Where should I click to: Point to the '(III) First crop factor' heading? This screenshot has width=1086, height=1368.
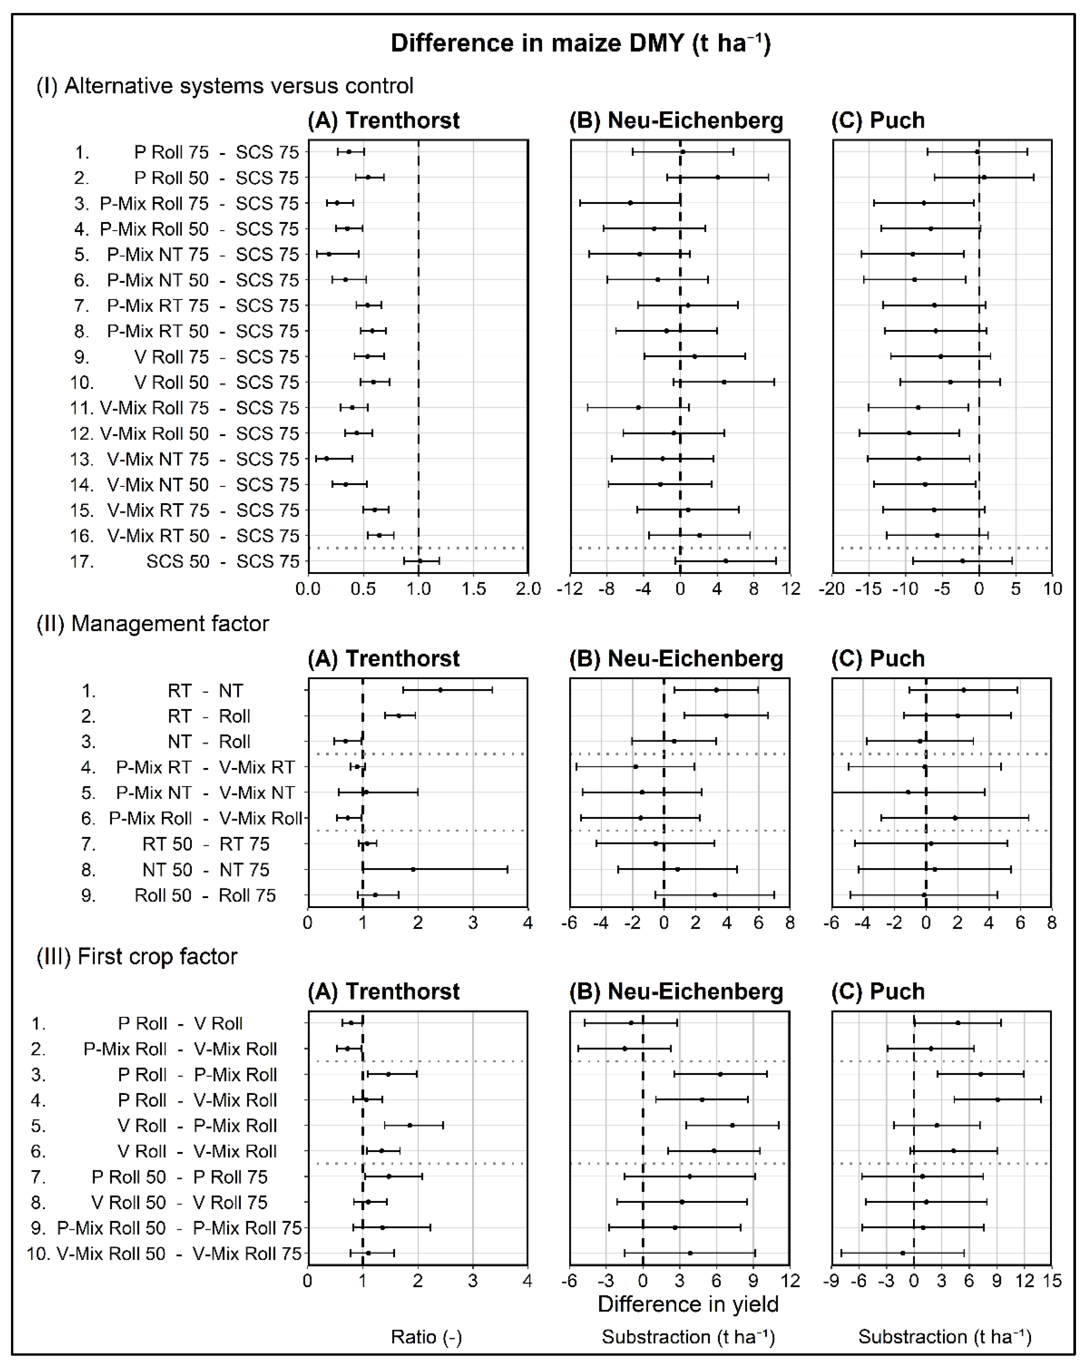click(137, 956)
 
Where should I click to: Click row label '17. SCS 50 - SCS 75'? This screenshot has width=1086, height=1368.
click(184, 561)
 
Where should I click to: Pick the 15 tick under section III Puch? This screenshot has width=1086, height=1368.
click(1052, 1281)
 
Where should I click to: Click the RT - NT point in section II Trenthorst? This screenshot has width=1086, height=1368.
click(440, 690)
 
